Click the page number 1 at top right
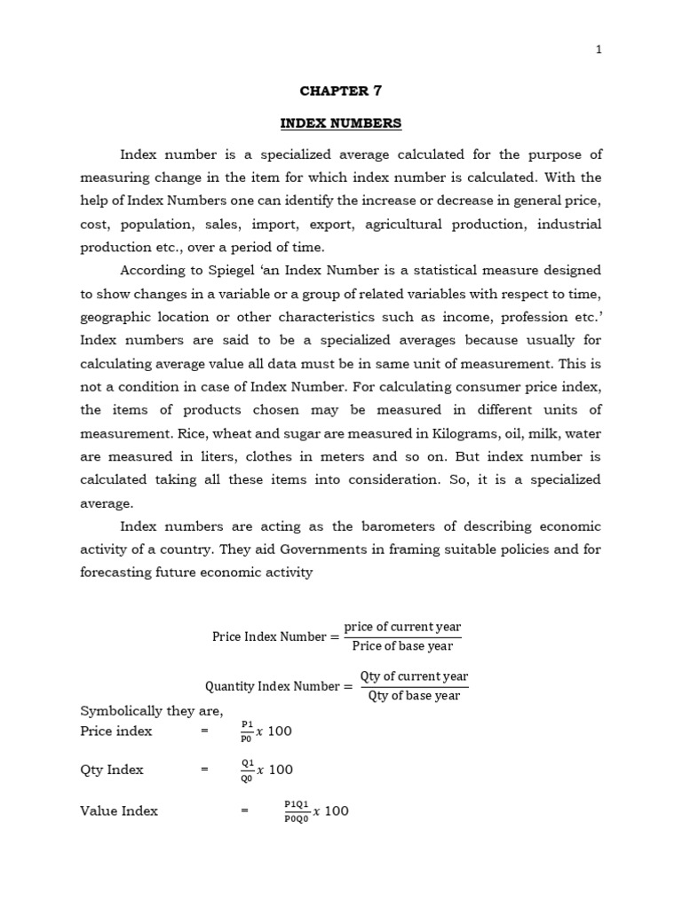click(599, 50)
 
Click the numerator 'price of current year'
click(402, 627)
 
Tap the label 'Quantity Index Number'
click(272, 686)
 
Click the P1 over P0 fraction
click(246, 731)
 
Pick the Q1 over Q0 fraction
click(247, 771)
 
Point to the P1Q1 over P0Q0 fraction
click(297, 811)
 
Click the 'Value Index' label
click(119, 810)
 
